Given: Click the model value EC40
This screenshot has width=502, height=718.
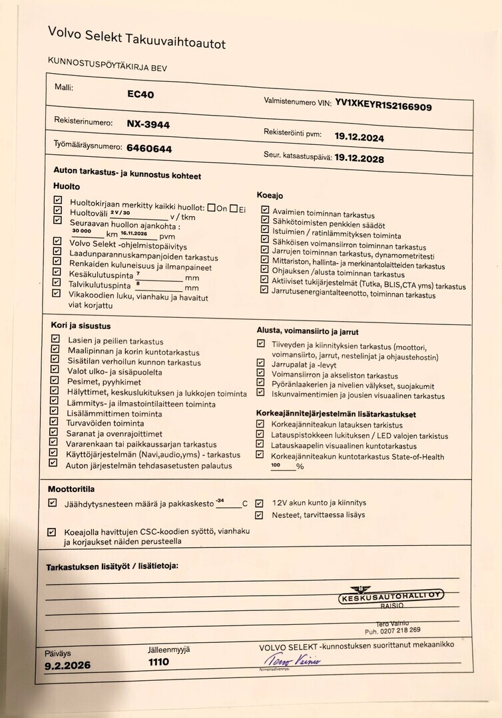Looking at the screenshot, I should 140,94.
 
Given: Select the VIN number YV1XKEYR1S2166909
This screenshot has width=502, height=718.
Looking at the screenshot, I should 383,106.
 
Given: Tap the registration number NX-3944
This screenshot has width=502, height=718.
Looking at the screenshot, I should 148,124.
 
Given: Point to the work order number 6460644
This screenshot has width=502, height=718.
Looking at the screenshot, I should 149,149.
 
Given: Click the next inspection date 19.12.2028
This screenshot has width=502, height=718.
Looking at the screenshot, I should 359,159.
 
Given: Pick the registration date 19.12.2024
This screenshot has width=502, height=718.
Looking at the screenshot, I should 359,137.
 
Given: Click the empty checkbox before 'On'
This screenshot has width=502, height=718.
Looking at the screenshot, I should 211,207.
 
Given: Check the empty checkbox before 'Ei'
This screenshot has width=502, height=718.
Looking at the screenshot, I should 234,208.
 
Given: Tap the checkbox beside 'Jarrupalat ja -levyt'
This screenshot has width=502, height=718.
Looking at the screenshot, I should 260,363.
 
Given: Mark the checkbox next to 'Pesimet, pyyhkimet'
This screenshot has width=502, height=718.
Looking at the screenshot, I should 55,381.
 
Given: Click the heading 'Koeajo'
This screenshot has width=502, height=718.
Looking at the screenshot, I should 270,195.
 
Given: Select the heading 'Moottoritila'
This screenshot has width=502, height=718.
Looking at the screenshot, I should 70,489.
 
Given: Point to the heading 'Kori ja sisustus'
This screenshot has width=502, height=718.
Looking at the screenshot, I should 81,326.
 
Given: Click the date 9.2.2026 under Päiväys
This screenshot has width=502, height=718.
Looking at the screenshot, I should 68,665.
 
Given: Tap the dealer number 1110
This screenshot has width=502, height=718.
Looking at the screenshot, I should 158,661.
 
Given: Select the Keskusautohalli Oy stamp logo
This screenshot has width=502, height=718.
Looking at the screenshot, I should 390,596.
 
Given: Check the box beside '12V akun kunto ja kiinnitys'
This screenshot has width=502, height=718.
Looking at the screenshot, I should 259,503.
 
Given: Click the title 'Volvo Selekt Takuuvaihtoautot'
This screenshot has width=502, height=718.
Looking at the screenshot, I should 136,38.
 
